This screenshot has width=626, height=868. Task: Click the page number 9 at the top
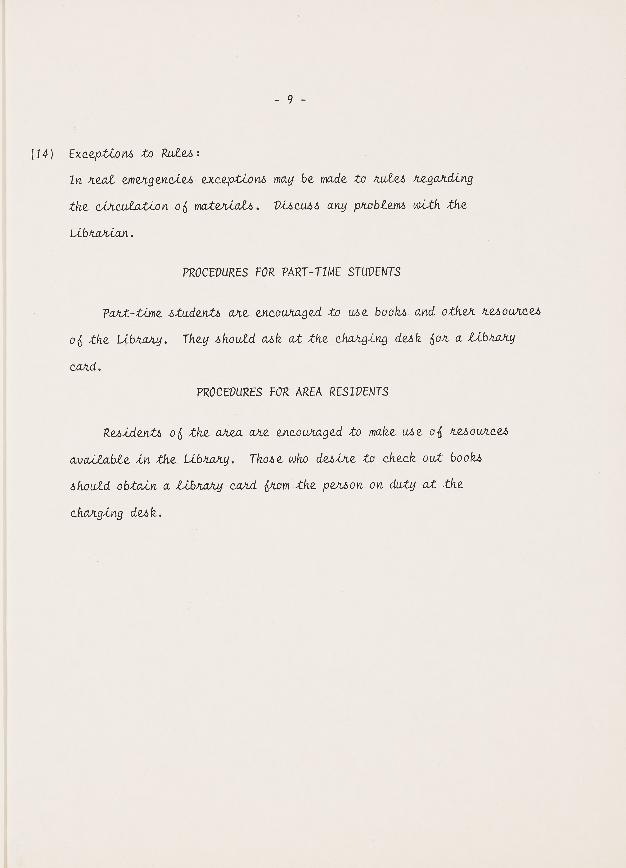[x=290, y=100]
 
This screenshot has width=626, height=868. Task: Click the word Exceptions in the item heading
[x=101, y=154]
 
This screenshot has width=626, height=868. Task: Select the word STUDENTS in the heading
[x=374, y=272]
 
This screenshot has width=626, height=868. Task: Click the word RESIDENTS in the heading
[x=359, y=392]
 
